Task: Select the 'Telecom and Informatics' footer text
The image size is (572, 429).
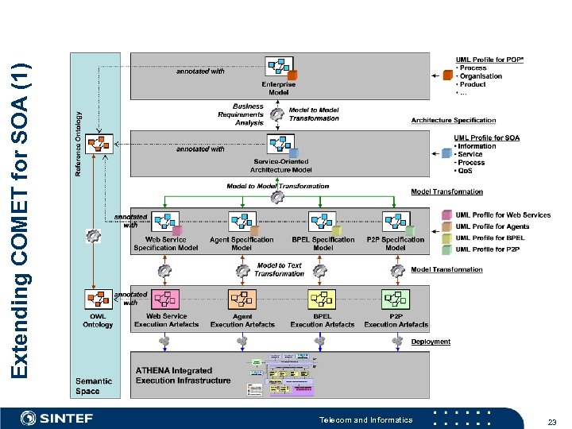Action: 365,419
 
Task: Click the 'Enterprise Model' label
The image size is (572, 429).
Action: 279,88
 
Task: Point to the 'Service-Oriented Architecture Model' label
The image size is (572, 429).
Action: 280,165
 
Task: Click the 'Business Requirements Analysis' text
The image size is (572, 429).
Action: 241,114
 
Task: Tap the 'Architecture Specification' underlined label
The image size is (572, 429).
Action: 453,121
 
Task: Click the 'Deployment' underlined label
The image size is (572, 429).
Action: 431,342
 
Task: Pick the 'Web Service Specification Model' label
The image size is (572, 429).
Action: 166,243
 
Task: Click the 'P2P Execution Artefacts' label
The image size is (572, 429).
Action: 396,320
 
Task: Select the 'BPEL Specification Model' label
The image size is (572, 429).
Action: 323,243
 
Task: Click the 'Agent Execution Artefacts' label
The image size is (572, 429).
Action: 242,320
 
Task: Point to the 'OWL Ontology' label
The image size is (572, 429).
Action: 98,320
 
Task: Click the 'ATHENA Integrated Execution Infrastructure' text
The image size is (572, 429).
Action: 183,375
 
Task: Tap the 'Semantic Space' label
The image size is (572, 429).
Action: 94,385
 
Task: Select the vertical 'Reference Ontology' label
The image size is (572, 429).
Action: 78,144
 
